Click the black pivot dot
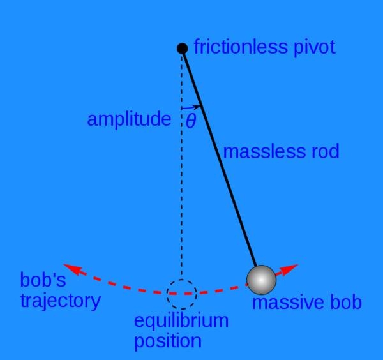point(182,48)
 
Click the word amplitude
point(129,119)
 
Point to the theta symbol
point(191,121)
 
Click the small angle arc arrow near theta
point(194,107)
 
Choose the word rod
point(323,152)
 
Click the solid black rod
point(220,160)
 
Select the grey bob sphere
point(261,279)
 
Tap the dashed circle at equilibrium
point(182,294)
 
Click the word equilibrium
point(181,321)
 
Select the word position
point(168,341)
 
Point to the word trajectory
point(60,301)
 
